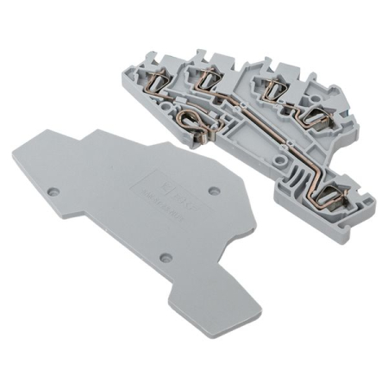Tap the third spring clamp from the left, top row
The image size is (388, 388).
(x=274, y=85)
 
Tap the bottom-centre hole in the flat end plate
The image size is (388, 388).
(x=166, y=257)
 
